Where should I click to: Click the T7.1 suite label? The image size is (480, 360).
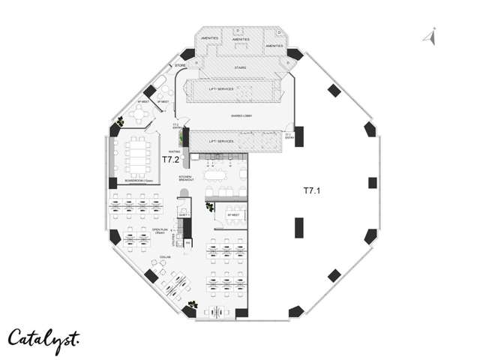point(311,190)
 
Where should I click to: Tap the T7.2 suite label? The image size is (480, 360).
point(171,160)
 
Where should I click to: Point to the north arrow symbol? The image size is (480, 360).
point(430,35)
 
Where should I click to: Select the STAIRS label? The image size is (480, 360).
point(241,67)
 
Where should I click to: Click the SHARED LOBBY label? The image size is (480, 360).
point(241,116)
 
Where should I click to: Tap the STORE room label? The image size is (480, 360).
point(180,66)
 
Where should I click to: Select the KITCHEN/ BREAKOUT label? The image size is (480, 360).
point(187,178)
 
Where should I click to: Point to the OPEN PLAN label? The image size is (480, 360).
point(159,231)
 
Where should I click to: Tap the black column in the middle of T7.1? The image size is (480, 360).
point(298,226)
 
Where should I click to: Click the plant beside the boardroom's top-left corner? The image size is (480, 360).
point(119,123)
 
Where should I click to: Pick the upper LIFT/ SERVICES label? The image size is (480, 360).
point(221,88)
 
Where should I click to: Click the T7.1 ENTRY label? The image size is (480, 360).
point(288,136)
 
